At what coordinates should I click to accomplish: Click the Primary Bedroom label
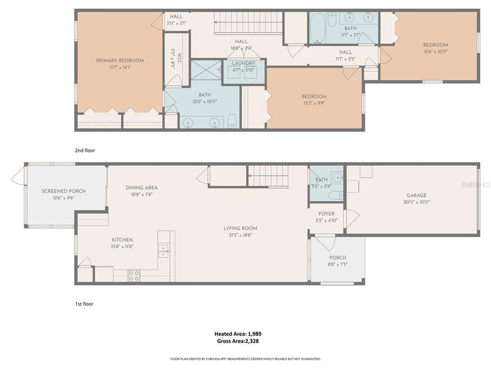120,60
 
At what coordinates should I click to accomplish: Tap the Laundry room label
243,64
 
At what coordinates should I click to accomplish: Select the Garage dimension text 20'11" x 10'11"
416,202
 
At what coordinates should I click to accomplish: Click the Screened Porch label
63,191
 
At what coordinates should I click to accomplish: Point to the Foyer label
326,214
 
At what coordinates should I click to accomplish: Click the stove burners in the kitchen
133,275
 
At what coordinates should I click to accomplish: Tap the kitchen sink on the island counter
163,251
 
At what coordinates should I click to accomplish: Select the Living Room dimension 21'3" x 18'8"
240,235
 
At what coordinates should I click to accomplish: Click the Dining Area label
142,188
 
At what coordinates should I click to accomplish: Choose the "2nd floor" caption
85,151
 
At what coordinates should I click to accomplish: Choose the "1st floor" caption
84,304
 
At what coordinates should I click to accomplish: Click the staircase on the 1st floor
269,176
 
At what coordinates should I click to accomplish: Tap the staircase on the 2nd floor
249,23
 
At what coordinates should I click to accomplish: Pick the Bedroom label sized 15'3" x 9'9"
314,96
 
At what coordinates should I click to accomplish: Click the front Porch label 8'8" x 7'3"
338,258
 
